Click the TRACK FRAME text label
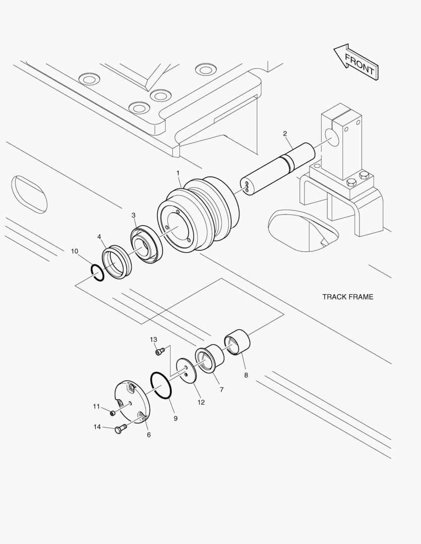[x=348, y=297]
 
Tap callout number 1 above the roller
[x=178, y=173]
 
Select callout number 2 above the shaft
[x=285, y=133]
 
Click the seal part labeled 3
[x=147, y=245]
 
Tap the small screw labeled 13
[x=160, y=352]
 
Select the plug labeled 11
[x=113, y=413]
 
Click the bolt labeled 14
[x=119, y=430]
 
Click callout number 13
[x=154, y=339]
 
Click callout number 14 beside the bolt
[x=97, y=427]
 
